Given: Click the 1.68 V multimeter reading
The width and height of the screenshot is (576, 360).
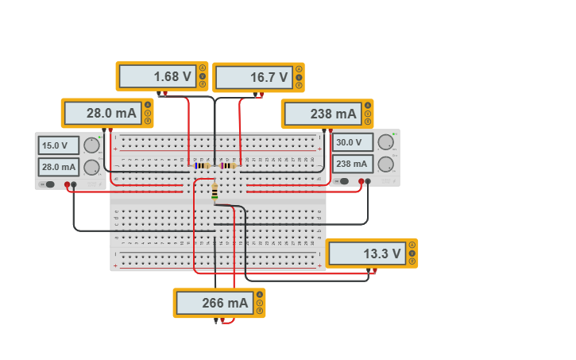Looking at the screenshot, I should click(x=157, y=76).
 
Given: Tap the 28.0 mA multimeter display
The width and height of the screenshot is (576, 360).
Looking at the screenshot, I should click(x=102, y=113).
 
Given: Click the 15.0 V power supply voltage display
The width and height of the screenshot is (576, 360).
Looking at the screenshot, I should click(x=59, y=145).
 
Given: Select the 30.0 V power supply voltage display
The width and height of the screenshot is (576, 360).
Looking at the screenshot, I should click(x=353, y=143).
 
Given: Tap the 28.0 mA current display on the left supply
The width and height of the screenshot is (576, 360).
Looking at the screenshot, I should click(x=59, y=167).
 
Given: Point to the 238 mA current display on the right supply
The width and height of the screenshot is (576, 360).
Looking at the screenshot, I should click(x=353, y=164).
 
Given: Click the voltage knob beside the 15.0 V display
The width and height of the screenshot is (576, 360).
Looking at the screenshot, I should click(x=92, y=145).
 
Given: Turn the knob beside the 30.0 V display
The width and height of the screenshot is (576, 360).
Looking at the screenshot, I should click(x=386, y=143).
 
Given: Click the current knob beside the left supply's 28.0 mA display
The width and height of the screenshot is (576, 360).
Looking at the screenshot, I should click(x=92, y=167).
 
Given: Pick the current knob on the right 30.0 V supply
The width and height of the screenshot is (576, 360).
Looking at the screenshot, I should click(x=386, y=164).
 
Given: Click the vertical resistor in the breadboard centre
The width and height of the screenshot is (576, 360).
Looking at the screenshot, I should click(x=215, y=192).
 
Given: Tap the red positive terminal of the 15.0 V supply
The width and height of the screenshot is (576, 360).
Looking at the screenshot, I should click(x=74, y=184).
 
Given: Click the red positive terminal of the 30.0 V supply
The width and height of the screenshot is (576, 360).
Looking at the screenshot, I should click(x=361, y=182).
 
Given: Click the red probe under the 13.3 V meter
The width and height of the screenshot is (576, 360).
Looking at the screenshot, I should click(x=375, y=271).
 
